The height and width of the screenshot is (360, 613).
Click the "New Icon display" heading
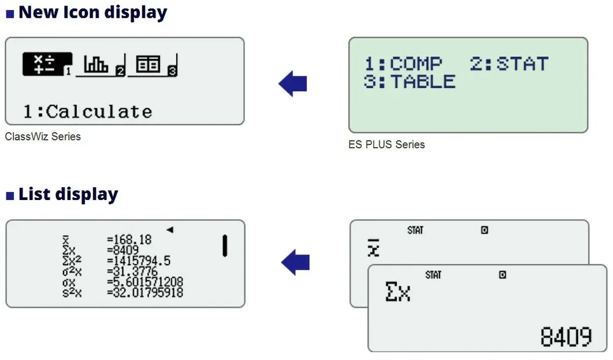point(93,12)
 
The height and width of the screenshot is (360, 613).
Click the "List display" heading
point(68,194)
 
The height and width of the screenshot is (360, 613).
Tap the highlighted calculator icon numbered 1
point(47,64)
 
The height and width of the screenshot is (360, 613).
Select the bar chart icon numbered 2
point(100,65)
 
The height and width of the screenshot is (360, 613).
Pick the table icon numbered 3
point(153,65)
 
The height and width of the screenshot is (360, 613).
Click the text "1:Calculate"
point(87,112)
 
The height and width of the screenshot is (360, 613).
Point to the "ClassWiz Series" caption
point(43,137)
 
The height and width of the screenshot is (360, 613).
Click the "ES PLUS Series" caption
point(387,145)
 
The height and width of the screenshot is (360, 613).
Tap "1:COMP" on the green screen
point(403,64)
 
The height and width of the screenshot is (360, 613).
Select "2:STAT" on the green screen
point(509,64)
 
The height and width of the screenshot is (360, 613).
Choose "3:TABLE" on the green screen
point(410,82)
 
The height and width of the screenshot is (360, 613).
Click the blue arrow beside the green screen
point(293,83)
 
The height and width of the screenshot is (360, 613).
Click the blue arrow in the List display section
point(295,262)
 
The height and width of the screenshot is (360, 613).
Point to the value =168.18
point(129,239)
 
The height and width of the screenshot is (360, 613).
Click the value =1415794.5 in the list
point(139,261)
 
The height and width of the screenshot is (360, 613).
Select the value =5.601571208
point(145,282)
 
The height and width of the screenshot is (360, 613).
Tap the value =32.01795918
point(145,293)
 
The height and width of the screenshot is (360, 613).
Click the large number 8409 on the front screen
point(566,337)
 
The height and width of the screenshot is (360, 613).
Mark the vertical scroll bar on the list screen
point(225,245)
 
